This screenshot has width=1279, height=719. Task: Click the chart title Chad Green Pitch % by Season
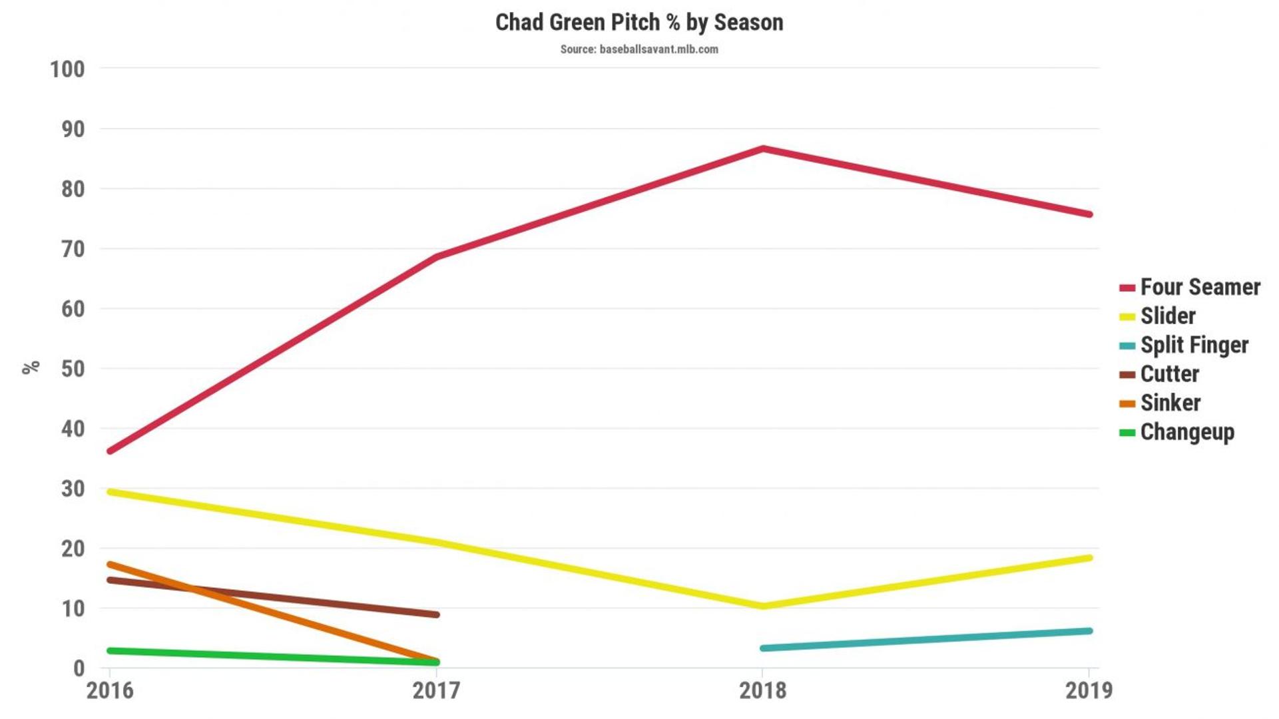pyautogui.click(x=639, y=23)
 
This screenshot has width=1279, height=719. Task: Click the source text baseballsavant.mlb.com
pyautogui.click(x=639, y=49)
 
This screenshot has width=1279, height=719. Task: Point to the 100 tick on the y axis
pyautogui.click(x=67, y=69)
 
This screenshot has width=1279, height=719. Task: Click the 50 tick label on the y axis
pyautogui.click(x=73, y=369)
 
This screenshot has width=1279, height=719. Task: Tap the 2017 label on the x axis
pyautogui.click(x=436, y=691)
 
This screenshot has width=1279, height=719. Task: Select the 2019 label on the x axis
pyautogui.click(x=1089, y=691)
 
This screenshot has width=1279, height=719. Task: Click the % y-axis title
pyautogui.click(x=31, y=367)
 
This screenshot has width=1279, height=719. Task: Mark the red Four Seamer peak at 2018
pyautogui.click(x=763, y=148)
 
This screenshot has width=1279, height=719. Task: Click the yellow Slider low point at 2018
pyautogui.click(x=763, y=606)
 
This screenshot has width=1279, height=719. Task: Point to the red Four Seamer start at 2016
pyautogui.click(x=111, y=451)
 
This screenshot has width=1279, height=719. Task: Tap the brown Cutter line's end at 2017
pyautogui.click(x=436, y=614)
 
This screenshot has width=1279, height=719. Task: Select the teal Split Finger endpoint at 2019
pyautogui.click(x=1089, y=630)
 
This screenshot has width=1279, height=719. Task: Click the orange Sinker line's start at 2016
pyautogui.click(x=111, y=565)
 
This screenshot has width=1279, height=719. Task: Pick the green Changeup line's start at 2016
pyautogui.click(x=111, y=650)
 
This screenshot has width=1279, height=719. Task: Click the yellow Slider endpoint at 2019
pyautogui.click(x=1089, y=558)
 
